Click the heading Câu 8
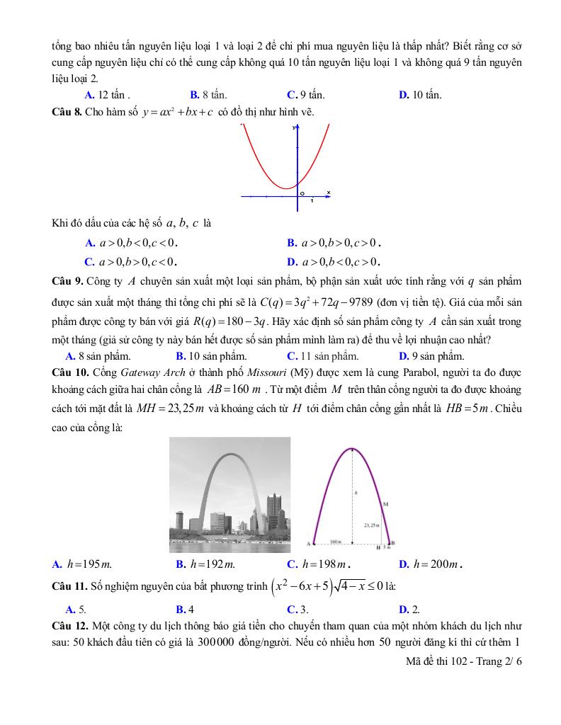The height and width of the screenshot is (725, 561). (67, 112)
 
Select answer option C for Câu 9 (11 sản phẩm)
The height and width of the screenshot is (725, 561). (322, 356)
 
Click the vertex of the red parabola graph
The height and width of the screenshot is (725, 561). (285, 188)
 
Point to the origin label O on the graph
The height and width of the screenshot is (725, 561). (302, 193)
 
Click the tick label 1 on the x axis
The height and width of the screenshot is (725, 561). (312, 201)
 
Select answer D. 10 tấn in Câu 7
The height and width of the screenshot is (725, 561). (420, 95)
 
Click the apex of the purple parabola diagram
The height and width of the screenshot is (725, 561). (351, 448)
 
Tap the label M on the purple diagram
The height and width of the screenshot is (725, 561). (385, 504)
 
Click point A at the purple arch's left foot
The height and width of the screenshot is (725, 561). (310, 544)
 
